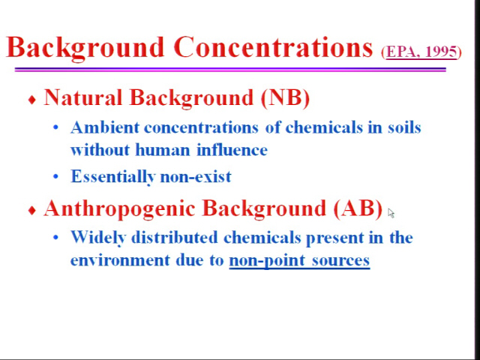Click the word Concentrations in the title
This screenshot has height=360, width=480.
273,47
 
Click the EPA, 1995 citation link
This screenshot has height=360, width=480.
421,52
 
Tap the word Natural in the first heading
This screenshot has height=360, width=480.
83,97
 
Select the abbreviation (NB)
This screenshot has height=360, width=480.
285,98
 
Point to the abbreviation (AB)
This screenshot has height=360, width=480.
358,208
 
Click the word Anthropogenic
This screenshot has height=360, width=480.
120,209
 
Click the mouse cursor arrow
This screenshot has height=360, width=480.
391,213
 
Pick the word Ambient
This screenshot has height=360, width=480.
105,127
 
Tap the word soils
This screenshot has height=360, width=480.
404,127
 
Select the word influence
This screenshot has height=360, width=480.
232,150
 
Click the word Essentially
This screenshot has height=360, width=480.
112,177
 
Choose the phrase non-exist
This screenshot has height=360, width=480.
196,177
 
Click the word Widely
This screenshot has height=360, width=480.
98,238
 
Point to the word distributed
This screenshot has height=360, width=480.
175,237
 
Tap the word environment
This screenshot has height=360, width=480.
120,260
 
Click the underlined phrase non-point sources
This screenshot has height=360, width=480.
299,261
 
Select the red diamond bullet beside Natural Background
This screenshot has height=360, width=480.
31,100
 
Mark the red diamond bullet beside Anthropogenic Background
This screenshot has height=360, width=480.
31,210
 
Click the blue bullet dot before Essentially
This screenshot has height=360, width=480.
55,176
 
